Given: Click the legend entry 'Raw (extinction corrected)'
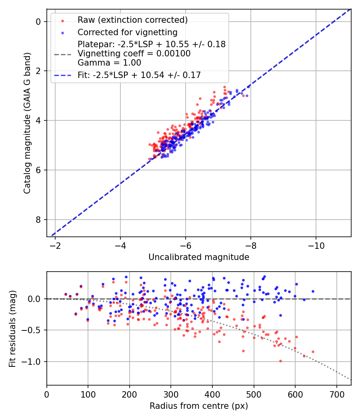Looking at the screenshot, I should click(x=132, y=20).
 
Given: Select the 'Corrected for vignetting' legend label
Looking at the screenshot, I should click(x=127, y=32).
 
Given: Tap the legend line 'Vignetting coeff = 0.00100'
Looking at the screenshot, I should click(x=134, y=54).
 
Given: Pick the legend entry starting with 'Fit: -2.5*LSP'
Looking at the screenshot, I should click(x=139, y=75).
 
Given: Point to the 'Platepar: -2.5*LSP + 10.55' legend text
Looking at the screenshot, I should click(x=151, y=44).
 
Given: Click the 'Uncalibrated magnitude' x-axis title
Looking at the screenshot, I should click(x=199, y=257).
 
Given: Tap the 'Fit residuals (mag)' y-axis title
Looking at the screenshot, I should click(x=12, y=328).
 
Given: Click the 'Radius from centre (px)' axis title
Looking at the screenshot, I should click(x=199, y=406).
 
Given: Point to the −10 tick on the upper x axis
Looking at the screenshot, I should click(x=316, y=245).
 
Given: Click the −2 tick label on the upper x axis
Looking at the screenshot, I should click(x=55, y=245).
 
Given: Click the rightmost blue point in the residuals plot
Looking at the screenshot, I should click(x=313, y=291).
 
